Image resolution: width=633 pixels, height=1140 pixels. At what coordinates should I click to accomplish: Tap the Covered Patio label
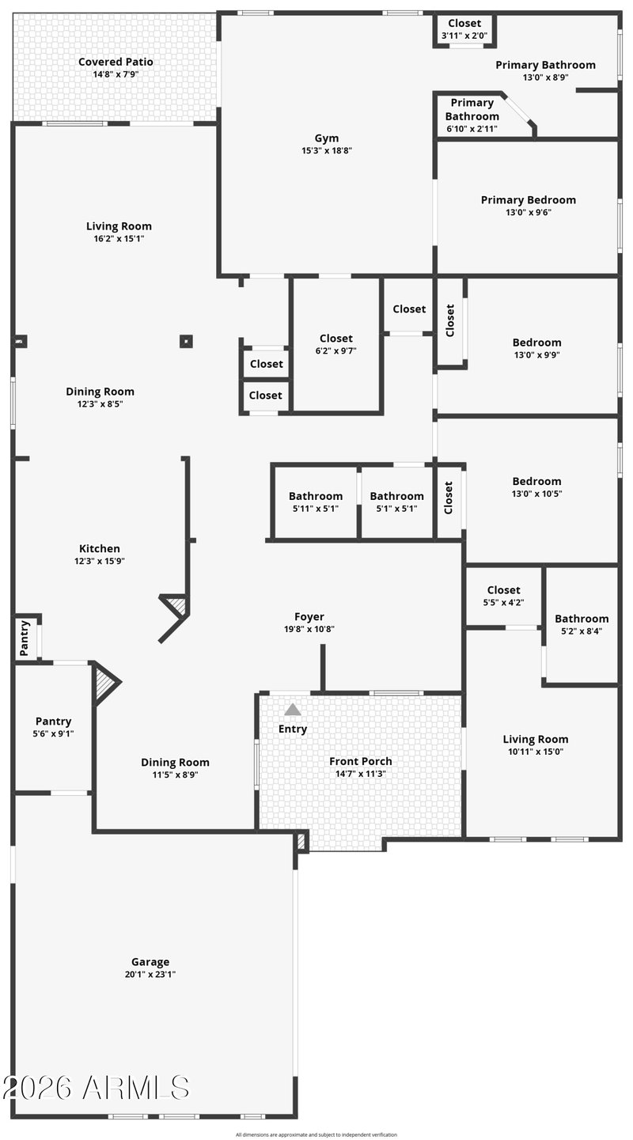coord(116,62)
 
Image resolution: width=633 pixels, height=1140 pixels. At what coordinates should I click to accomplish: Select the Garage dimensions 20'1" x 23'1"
coord(150,975)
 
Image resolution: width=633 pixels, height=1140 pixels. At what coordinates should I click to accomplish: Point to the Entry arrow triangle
coord(293,710)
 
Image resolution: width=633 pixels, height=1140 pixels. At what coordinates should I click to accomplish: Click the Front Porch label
coord(360,761)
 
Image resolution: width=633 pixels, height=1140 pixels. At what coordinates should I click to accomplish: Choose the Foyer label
coord(309,616)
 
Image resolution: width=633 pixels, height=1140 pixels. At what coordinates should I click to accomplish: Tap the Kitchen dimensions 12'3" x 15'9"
coord(100,561)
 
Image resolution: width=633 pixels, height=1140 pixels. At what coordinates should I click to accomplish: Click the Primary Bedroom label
coord(528,200)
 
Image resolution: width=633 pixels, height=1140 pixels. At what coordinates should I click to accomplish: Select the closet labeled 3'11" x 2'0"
coord(465,29)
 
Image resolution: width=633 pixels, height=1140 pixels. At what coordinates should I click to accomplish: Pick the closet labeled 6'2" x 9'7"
coord(336,345)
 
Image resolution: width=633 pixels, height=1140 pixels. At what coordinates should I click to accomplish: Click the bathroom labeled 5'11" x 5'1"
coord(315,502)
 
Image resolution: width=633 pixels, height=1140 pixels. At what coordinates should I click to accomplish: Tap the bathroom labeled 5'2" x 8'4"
coord(582,625)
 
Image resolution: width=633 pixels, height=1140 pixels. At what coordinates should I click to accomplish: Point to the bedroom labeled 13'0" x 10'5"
coord(536,487)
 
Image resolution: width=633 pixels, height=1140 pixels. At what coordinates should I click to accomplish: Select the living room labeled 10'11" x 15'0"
coord(536,745)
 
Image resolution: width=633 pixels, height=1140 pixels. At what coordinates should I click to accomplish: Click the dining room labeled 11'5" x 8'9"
coord(175,768)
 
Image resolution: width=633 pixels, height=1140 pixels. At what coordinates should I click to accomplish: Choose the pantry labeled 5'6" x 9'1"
coord(53,727)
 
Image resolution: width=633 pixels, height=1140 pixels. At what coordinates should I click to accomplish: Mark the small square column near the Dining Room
coord(186,342)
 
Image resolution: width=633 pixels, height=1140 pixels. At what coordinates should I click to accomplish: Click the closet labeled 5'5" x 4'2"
coord(504,596)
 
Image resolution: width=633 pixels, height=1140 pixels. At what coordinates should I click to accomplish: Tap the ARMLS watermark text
coord(96,1088)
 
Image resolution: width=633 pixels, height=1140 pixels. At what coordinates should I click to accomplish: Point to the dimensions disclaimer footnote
coord(316,1134)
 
